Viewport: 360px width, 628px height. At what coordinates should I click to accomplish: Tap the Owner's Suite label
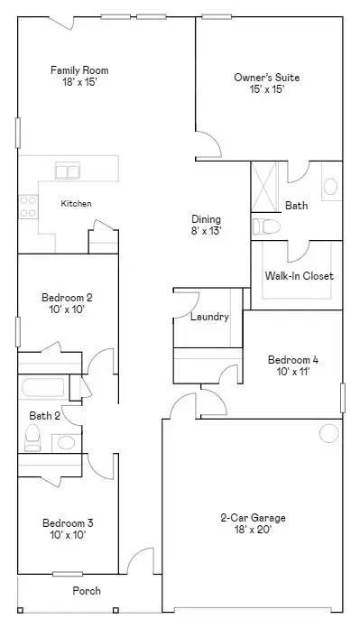coord(266,84)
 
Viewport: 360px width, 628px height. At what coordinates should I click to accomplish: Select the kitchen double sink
coord(68,170)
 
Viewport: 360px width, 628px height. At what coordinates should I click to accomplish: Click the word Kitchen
coord(76,204)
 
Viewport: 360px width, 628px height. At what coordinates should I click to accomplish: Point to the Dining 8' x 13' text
coord(207,225)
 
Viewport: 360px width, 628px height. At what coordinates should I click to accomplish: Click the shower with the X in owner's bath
coord(265,187)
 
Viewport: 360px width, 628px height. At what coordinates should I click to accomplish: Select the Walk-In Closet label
coord(299,276)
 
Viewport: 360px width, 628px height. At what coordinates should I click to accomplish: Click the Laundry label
coord(209,317)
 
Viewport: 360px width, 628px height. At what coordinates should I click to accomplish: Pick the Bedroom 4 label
coord(293,365)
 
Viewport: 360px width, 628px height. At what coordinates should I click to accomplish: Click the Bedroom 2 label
coord(67,302)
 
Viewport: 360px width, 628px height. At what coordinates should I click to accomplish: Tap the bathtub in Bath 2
coord(42,389)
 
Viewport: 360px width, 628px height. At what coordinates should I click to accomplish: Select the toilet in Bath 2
coord(33,439)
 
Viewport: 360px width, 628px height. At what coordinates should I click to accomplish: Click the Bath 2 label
coord(44,416)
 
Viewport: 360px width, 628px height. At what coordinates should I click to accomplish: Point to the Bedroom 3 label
coord(67,529)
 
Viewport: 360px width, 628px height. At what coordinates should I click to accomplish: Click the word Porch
coord(87,591)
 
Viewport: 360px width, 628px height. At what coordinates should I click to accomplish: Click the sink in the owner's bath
coord(329,187)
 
